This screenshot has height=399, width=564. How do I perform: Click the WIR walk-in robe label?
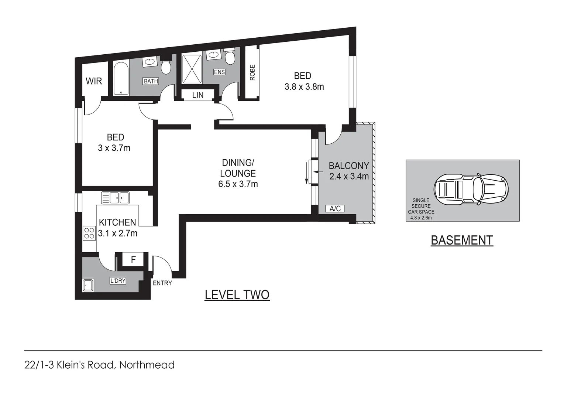click(x=94, y=81)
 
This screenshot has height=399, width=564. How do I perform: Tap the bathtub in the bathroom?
click(x=121, y=79)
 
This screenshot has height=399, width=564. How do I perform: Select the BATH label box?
click(x=151, y=81)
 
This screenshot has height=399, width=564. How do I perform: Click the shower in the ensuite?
click(x=192, y=69)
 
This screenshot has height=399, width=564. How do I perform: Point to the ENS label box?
click(x=219, y=72)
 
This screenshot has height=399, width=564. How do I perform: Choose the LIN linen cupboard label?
click(x=198, y=95)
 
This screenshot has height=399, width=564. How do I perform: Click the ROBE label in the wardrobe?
click(x=252, y=73)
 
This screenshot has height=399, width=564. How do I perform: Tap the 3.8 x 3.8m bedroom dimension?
click(x=304, y=87)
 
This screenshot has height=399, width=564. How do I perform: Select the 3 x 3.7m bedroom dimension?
click(x=114, y=148)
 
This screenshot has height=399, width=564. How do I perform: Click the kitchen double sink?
click(x=115, y=198)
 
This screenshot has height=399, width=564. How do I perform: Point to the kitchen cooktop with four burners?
click(x=89, y=233)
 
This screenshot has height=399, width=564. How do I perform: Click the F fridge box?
click(x=133, y=260)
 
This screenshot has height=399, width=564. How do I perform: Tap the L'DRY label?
click(x=118, y=281)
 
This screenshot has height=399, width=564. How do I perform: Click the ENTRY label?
click(x=162, y=283)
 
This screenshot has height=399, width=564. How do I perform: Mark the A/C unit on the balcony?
click(x=335, y=209)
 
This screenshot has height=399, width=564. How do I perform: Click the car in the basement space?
click(x=471, y=190)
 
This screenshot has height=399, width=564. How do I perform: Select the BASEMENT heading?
click(x=462, y=241)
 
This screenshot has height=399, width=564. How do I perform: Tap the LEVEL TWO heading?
click(x=237, y=295)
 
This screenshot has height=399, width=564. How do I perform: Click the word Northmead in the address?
click(x=147, y=365)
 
